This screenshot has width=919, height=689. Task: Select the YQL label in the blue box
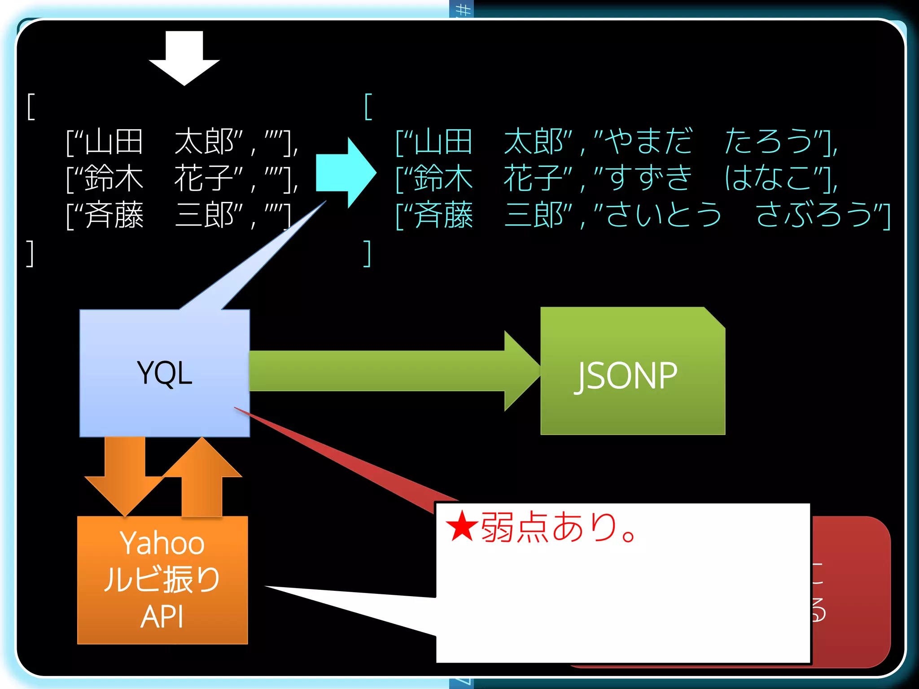tap(165, 373)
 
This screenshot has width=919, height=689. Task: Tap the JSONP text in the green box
tap(626, 376)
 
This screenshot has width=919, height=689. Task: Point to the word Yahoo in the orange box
tap(162, 543)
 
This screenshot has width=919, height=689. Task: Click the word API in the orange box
tap(162, 617)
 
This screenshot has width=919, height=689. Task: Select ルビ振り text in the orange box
tap(162, 579)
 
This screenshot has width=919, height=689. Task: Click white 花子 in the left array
tap(204, 179)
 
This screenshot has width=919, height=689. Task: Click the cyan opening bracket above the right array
tap(368, 107)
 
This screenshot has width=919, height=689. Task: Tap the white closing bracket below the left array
tap(30, 254)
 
